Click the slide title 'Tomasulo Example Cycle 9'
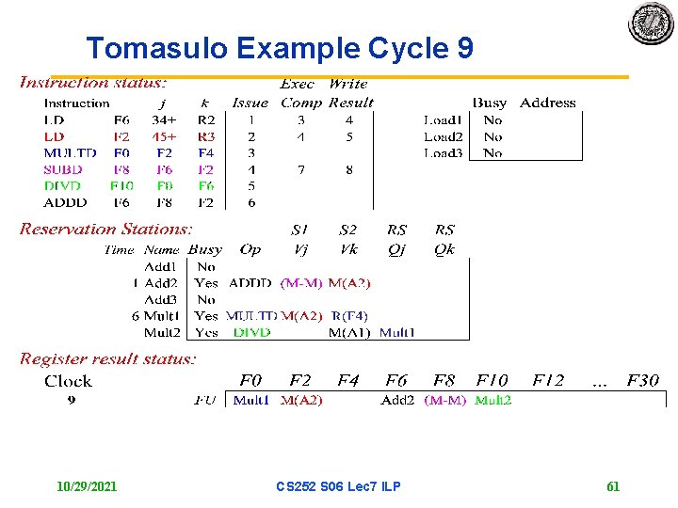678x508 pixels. coord(280,48)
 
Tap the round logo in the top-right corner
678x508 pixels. coord(652,23)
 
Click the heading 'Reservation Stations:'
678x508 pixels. coord(106,229)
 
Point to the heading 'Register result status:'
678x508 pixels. coord(108,358)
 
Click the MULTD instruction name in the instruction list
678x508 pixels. coord(70,152)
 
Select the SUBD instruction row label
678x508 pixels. coord(63,169)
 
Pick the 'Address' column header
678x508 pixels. coord(547,103)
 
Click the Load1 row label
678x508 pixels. coord(443,119)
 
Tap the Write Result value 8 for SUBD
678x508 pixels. coord(349,169)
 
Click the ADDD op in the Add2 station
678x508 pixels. coord(250,282)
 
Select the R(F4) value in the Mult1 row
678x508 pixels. coord(349,316)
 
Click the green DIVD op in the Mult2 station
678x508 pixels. coord(251,332)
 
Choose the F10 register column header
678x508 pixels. coord(492,381)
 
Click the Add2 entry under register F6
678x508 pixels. coord(397,400)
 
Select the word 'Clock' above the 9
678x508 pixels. coord(68,381)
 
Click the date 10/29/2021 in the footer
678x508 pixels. coord(87,486)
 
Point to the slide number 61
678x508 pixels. coord(613,486)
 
